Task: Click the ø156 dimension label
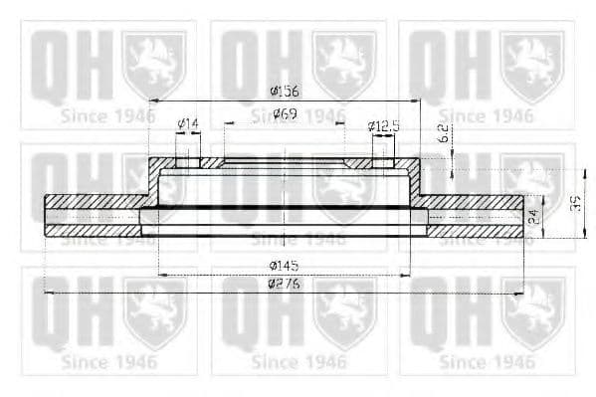(284, 92)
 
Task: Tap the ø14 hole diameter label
(187, 124)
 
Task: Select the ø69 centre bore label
(285, 115)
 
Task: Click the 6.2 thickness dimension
(444, 133)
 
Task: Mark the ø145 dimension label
(284, 266)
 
